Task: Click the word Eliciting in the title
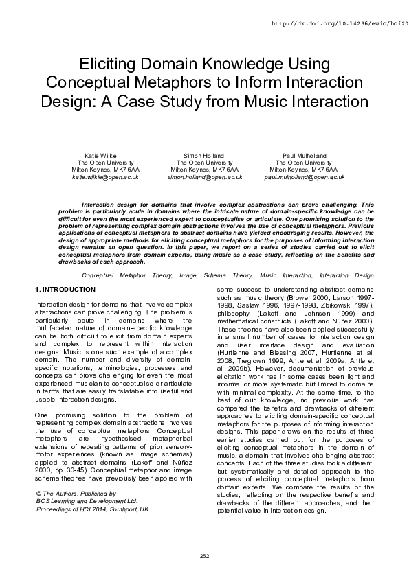click(x=113, y=65)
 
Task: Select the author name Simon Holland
click(x=204, y=156)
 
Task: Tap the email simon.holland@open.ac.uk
click(x=204, y=176)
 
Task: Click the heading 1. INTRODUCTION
click(x=65, y=290)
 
